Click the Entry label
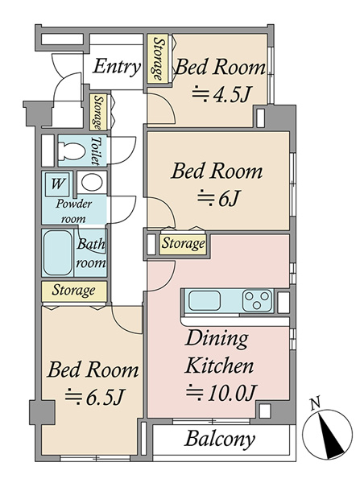117,67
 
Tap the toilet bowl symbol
72,151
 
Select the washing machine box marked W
57,184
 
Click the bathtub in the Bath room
58,253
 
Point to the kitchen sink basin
205,300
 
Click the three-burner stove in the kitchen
258,300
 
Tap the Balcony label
220,439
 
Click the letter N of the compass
315,403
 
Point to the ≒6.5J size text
94,397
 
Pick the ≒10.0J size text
221,393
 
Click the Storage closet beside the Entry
159,59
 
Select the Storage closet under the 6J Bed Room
183,244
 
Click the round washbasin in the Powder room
92,182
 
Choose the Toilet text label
96,151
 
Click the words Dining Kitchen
219,352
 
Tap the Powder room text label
74,211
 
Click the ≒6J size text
218,200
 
